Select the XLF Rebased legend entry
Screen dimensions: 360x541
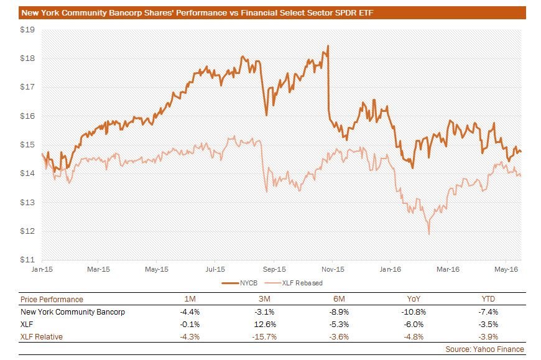(x=302, y=283)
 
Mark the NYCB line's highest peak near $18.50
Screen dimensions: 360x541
(x=328, y=46)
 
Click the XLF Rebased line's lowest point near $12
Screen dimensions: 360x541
(x=429, y=234)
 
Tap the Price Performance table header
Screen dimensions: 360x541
(x=52, y=300)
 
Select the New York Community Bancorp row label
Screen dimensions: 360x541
(x=73, y=312)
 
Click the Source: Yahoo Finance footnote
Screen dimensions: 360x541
(x=484, y=349)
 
